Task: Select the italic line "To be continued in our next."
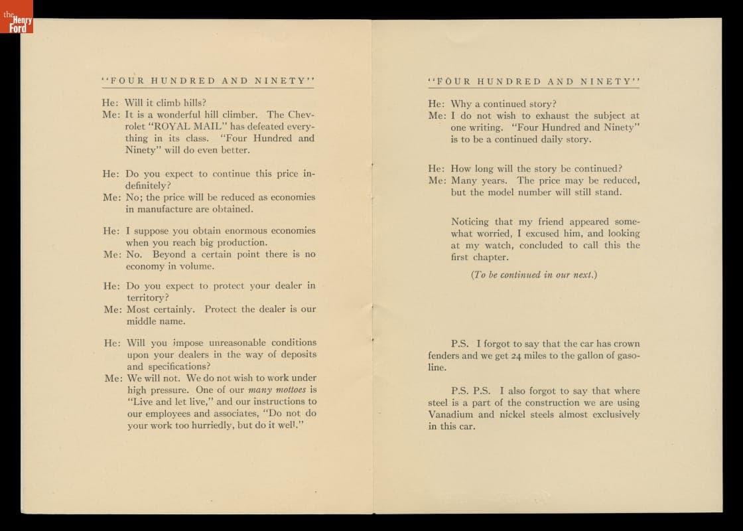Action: tap(534, 274)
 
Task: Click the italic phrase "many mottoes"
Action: tap(277, 390)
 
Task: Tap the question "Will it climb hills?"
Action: tap(165, 102)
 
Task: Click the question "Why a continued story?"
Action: tap(504, 104)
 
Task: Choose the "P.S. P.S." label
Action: tap(470, 391)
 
